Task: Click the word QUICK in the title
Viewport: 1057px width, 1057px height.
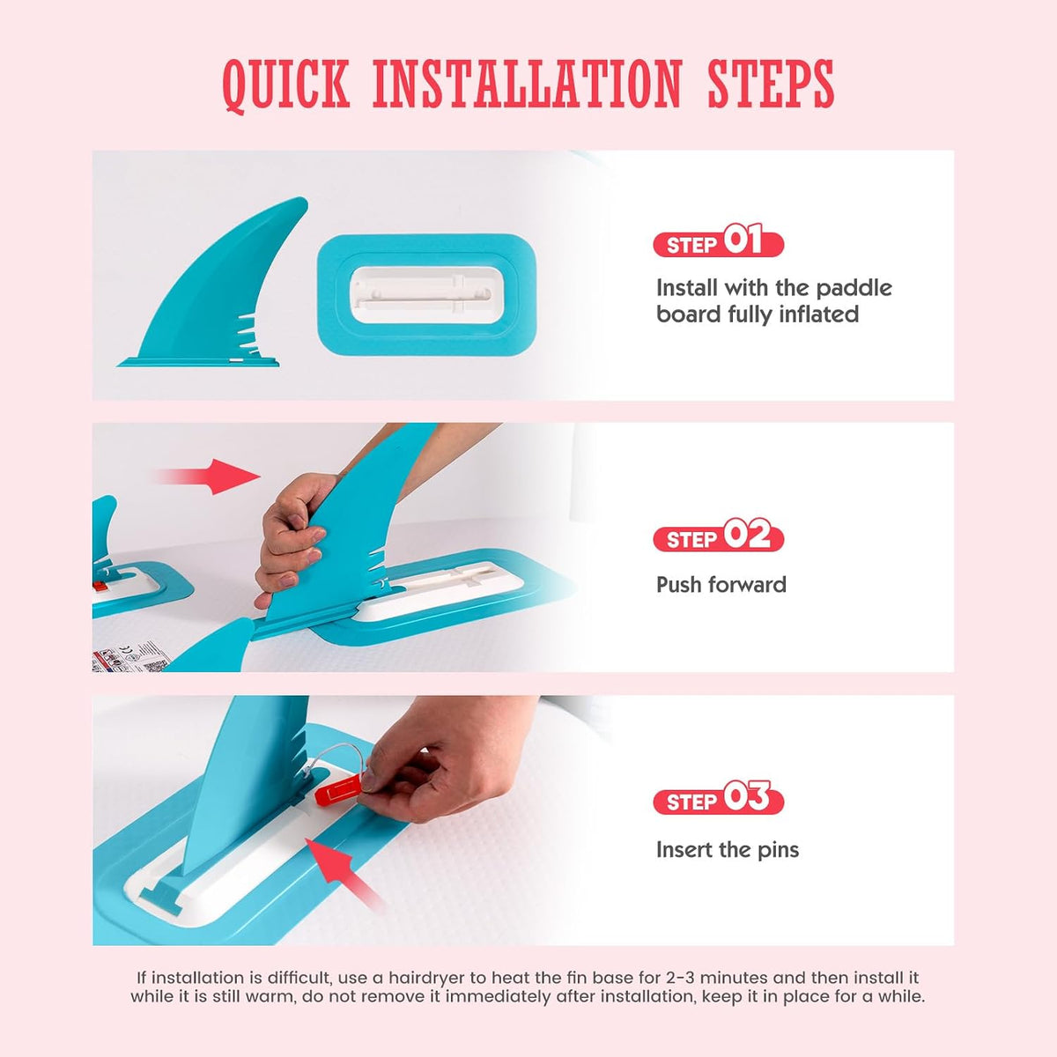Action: (286, 86)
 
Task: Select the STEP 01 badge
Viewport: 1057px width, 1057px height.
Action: (718, 242)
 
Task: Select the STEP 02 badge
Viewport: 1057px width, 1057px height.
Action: (718, 536)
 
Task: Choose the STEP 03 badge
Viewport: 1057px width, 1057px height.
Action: (718, 799)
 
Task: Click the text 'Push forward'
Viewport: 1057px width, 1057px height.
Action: (721, 585)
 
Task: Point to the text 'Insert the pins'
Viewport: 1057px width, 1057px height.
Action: (728, 850)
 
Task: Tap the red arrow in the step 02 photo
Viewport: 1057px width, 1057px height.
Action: (209, 477)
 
